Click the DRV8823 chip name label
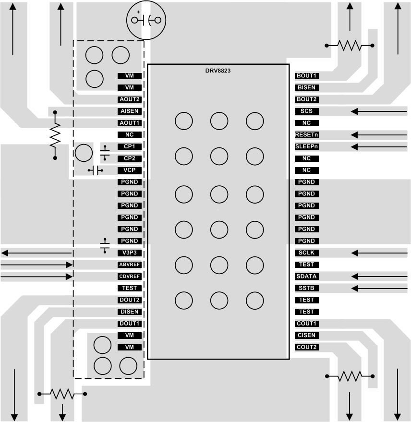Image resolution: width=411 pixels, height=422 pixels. coord(218,71)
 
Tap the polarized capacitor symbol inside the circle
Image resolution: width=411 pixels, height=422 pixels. coord(146,20)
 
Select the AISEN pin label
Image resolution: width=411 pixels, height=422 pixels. coord(130,111)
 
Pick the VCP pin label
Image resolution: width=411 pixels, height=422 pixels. coord(130,170)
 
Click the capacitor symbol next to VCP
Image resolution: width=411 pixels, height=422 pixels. coord(96,170)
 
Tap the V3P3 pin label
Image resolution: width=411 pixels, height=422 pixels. coord(130,253)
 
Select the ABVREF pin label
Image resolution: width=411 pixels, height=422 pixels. coord(130,265)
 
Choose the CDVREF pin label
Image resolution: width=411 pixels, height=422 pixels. coord(130,277)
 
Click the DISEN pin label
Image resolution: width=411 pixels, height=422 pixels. coord(130,312)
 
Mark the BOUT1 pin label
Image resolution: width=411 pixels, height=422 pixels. coord(307,76)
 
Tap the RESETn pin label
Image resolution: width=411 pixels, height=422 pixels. coord(307,135)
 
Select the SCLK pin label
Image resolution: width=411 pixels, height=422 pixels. coord(307,253)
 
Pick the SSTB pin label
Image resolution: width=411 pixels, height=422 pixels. coord(307,288)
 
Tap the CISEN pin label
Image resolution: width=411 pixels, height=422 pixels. coord(307,335)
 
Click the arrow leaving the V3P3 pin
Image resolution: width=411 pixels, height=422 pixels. coord(36,253)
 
